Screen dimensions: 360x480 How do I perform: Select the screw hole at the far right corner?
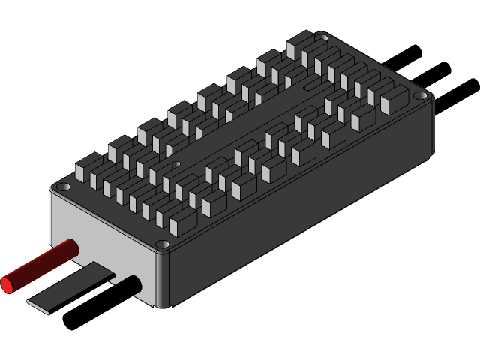tap(421, 96)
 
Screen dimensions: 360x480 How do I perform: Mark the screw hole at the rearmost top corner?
tap(321, 36)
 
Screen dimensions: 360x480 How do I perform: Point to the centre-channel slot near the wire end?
tap(176, 163)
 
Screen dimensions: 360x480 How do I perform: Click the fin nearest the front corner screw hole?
tap(182, 221)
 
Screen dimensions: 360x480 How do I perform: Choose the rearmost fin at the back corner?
tap(298, 45)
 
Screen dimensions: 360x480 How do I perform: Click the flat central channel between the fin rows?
tap(240, 127)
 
